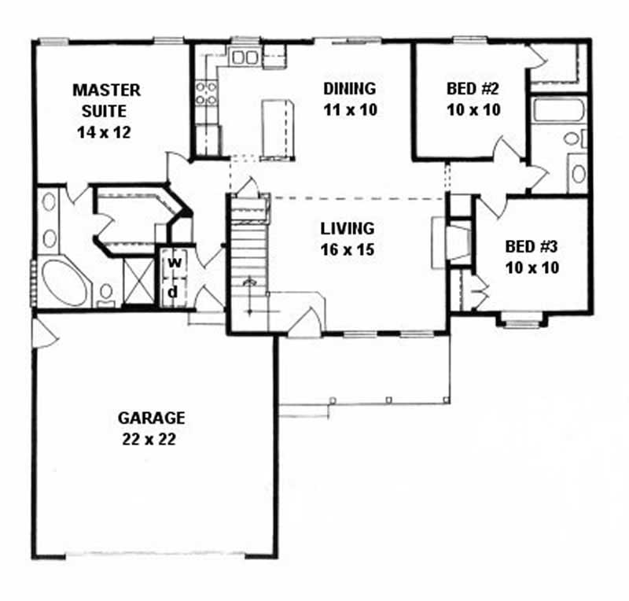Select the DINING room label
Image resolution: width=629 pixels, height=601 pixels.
pyautogui.click(x=350, y=88)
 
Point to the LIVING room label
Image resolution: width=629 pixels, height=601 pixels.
pyautogui.click(x=347, y=229)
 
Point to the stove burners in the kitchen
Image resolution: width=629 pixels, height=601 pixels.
pyautogui.click(x=206, y=94)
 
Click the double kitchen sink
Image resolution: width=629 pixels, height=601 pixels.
pyautogui.click(x=245, y=57)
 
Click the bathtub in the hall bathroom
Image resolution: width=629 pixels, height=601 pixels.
pyautogui.click(x=558, y=109)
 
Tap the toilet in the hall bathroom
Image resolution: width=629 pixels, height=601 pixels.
pyautogui.click(x=572, y=139)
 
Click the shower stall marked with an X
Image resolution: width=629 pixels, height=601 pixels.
pyautogui.click(x=138, y=279)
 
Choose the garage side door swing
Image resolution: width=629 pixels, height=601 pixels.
pyautogui.click(x=44, y=334)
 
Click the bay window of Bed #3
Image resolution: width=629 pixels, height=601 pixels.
pyautogui.click(x=523, y=319)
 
